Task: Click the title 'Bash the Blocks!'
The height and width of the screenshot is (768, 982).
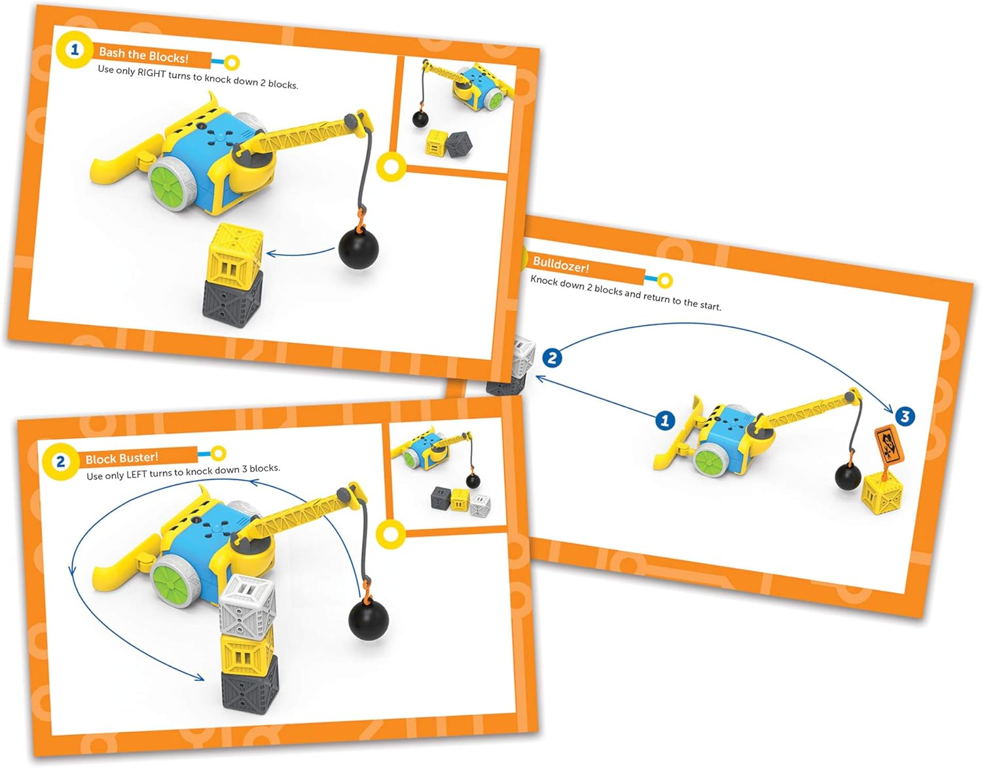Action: (x=143, y=56)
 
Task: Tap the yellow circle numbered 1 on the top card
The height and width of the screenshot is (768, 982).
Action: (x=74, y=49)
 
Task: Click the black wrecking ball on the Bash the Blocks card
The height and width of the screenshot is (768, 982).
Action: (x=358, y=248)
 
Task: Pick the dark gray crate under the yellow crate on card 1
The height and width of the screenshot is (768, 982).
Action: (x=233, y=299)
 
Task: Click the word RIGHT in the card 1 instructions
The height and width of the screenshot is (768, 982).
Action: (x=152, y=73)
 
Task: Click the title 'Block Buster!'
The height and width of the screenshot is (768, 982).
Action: (x=122, y=458)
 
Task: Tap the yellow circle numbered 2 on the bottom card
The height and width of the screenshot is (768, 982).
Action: (x=60, y=462)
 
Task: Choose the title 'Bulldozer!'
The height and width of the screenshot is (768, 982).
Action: (x=561, y=265)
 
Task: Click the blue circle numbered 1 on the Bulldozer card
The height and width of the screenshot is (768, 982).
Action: (x=665, y=420)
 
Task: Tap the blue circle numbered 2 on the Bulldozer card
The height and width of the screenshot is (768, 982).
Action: (x=552, y=357)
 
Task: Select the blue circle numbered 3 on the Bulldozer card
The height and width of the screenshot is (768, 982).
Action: (x=905, y=416)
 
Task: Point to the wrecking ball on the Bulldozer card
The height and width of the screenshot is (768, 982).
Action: (x=848, y=476)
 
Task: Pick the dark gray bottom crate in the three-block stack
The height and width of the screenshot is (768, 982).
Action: (x=249, y=683)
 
